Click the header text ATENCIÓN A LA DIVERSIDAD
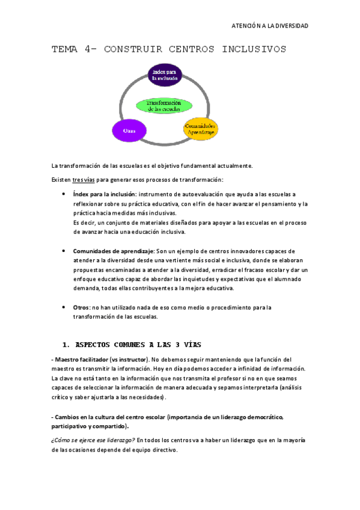coord(270,26)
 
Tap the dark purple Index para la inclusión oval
coord(166,74)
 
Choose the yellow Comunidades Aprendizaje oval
coord(200,129)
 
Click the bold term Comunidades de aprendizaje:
coord(114,250)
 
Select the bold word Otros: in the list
coord(82,307)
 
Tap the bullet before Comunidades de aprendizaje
coord(64,250)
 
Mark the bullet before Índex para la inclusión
coord(64,194)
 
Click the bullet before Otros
coord(64,307)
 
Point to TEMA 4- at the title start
coord(75,49)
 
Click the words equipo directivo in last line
coord(160,450)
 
